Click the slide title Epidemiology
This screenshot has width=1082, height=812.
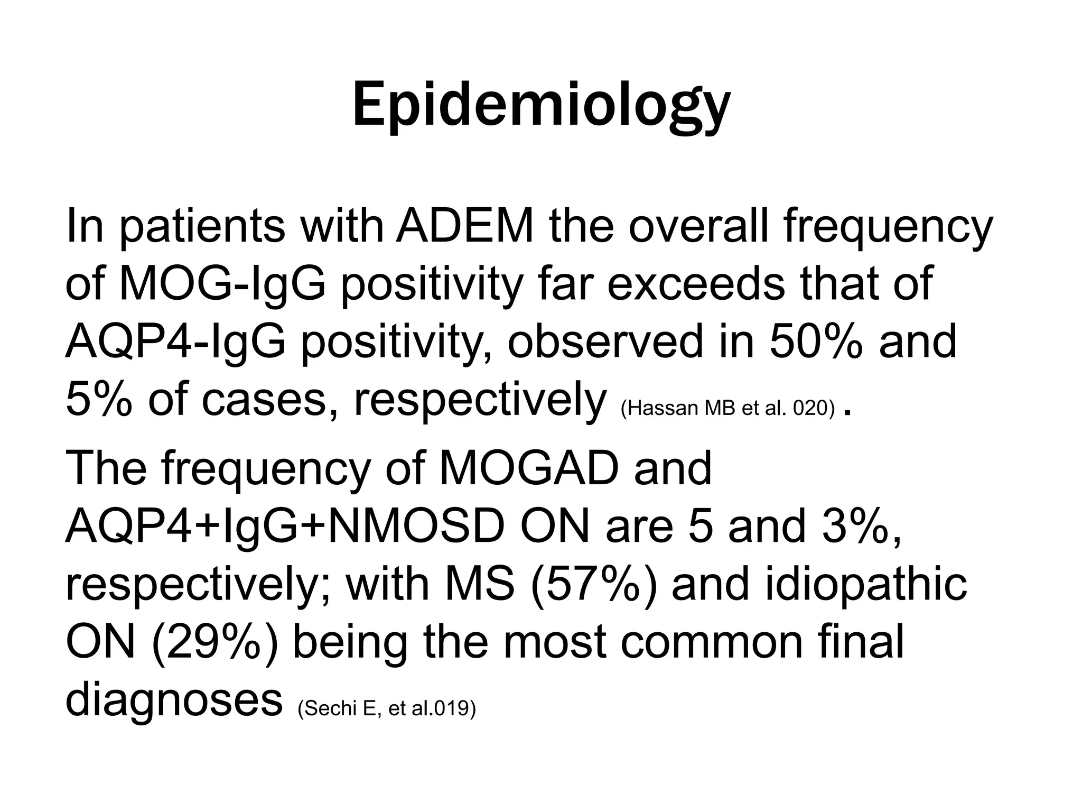(541, 106)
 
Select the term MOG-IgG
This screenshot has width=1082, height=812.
(222, 284)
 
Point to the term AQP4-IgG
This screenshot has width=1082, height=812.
(175, 341)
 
